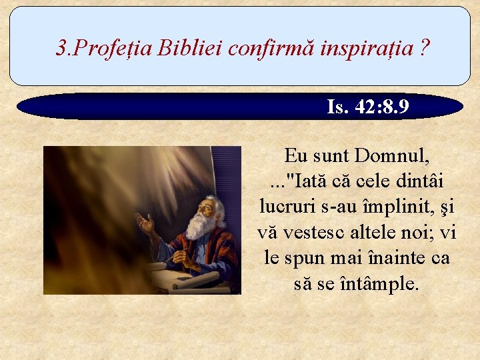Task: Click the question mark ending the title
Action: (x=425, y=48)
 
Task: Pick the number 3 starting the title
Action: (x=61, y=48)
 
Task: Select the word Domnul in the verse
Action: (x=393, y=157)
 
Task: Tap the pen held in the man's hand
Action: (x=177, y=256)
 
